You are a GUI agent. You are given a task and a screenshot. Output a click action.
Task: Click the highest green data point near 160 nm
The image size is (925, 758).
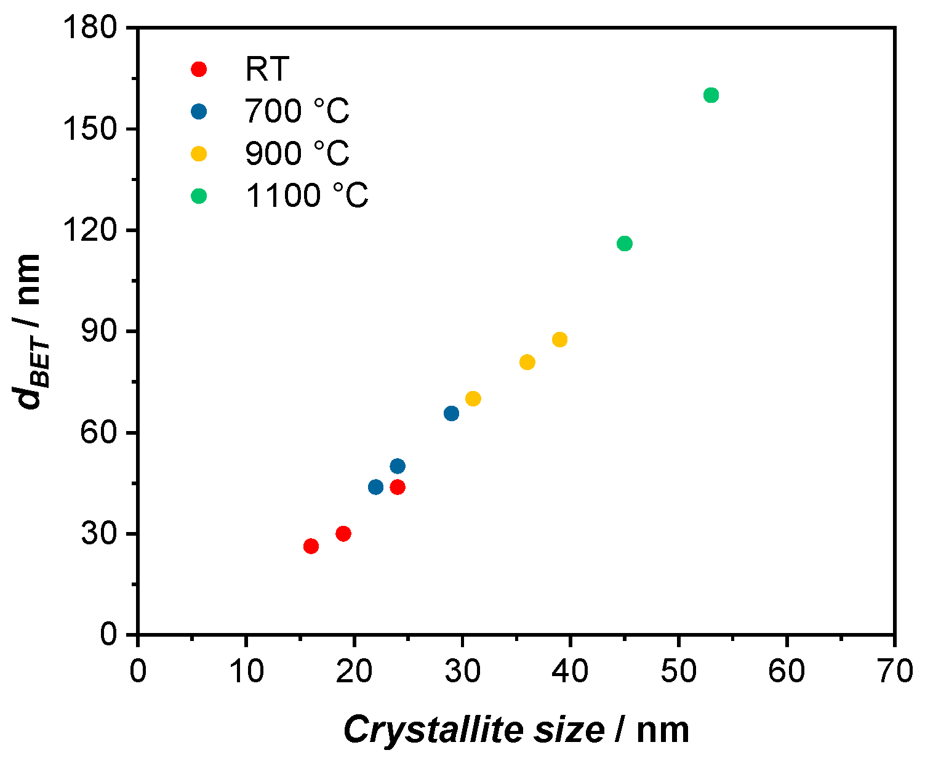click(711, 95)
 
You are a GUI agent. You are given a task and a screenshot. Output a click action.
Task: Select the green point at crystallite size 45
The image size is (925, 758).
click(625, 243)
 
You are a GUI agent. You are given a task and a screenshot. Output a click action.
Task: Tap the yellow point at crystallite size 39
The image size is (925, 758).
click(559, 339)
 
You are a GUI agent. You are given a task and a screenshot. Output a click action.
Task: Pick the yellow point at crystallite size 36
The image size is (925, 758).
click(527, 362)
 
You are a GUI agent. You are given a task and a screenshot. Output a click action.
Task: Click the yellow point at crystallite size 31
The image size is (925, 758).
click(473, 398)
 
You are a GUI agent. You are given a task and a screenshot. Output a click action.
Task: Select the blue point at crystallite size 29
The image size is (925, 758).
click(451, 413)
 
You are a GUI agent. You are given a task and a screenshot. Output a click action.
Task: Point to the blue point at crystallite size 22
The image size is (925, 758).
click(375, 487)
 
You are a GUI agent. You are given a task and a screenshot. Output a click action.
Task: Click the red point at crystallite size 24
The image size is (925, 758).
click(398, 487)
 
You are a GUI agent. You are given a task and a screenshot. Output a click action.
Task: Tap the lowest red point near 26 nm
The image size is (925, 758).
click(311, 546)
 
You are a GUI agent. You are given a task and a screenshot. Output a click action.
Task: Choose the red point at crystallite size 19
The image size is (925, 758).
click(343, 533)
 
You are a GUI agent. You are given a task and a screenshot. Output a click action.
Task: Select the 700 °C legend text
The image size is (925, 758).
click(297, 111)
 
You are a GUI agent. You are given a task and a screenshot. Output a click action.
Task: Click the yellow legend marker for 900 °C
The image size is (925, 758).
click(199, 153)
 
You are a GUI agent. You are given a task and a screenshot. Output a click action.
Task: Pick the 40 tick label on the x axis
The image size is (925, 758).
click(571, 671)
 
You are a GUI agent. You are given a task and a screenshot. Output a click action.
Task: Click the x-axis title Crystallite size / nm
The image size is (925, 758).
click(516, 730)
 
